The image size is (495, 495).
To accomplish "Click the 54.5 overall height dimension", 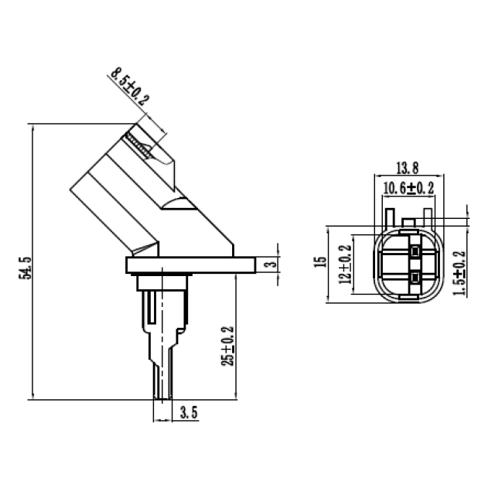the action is click(26, 268).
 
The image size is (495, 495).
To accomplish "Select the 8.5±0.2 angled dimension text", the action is click(130, 86).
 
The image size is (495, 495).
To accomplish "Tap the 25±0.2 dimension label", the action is click(227, 346).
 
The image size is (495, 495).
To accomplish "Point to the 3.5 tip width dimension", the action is click(189, 412).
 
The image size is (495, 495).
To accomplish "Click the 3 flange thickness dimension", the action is click(271, 263).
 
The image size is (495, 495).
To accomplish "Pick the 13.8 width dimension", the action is click(408, 168).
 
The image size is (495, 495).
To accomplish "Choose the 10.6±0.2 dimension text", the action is click(408, 189).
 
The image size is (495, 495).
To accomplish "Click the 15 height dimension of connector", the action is click(320, 261).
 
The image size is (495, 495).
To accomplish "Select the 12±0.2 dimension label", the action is click(345, 265).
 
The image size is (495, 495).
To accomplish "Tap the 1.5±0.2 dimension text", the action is click(459, 273).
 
